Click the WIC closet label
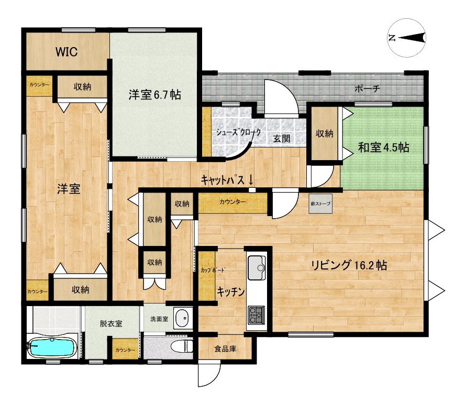pos(66,52)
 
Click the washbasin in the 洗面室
pos(182,318)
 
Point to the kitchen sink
pos(257,267)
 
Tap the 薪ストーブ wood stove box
pos(320,204)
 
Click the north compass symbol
pos(407,38)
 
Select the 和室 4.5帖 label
pos(383,147)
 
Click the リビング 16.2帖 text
pos(349,265)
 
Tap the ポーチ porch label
pos(368,88)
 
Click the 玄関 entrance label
pos(282,138)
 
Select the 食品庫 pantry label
pos(225,348)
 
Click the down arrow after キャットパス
pos(250,179)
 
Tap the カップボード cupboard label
pos(213,270)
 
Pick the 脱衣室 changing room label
pos(111,323)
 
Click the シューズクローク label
pos(238,132)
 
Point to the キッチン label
pos(230,292)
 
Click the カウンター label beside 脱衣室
pos(125,350)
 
